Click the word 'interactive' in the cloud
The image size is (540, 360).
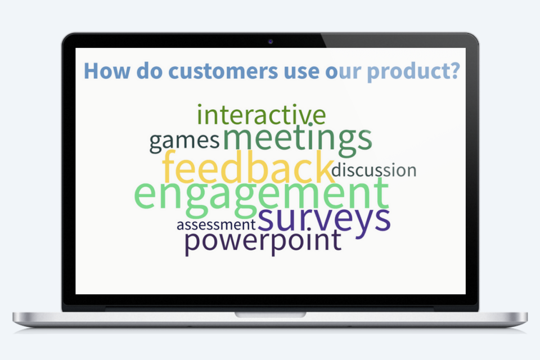click(x=261, y=115)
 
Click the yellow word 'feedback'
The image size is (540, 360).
click(x=248, y=168)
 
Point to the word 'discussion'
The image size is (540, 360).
click(x=374, y=170)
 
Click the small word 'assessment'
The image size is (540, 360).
click(x=217, y=225)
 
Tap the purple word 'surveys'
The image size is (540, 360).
click(x=324, y=219)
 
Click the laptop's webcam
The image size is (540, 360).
click(x=270, y=41)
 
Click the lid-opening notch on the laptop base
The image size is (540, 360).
click(x=270, y=314)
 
